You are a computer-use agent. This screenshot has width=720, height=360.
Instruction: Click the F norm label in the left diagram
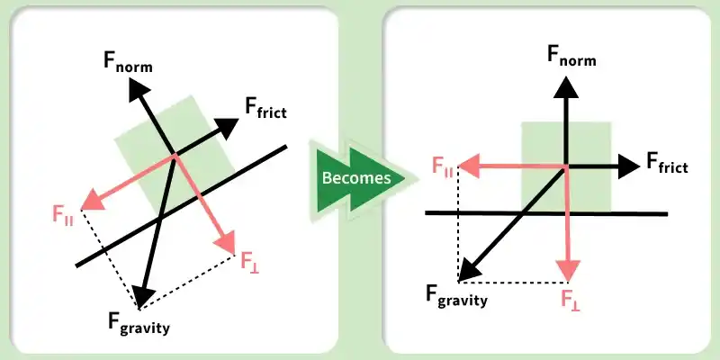128,62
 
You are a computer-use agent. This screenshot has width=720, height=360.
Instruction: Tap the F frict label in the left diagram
265,109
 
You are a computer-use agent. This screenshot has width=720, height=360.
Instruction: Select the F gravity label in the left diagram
139,323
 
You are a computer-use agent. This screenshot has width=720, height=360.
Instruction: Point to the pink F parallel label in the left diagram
63,215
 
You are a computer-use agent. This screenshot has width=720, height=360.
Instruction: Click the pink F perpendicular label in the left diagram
250,263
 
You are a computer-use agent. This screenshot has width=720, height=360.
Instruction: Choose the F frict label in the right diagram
667,163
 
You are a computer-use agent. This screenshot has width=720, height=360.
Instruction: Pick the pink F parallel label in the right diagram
443,166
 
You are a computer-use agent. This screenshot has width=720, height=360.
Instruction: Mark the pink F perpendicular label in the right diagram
570,301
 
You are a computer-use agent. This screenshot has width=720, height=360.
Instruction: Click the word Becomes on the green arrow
355,177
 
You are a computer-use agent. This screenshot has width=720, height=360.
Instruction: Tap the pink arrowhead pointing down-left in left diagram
93,202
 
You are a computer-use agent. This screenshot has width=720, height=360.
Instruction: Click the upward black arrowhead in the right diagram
566,87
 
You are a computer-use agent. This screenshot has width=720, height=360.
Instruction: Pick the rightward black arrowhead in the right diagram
628,166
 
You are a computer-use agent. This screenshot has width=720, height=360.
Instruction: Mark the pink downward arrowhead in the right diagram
568,271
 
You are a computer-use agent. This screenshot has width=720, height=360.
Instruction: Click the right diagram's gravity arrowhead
469,269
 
